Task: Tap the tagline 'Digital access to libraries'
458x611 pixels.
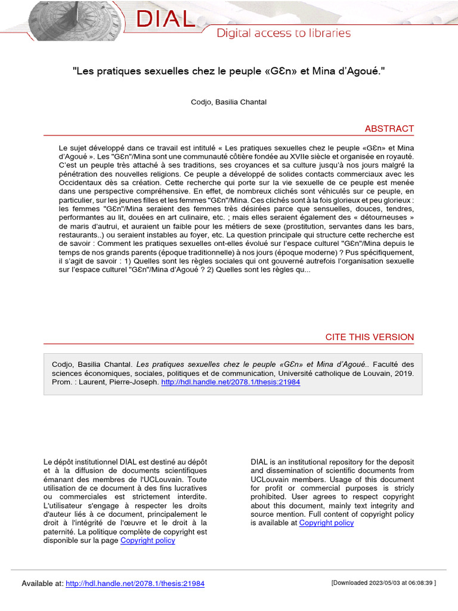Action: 283,33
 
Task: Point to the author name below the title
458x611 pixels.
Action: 228,102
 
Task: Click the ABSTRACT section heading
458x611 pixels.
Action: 389,129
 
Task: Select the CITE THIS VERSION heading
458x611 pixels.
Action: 369,337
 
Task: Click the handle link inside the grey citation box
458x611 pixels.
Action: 231,382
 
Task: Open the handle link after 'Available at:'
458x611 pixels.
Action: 135,583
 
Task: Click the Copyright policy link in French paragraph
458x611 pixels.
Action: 148,541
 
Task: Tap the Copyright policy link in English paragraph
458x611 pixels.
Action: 326,523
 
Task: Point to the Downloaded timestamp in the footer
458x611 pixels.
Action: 383,583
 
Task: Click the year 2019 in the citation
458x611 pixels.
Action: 403,373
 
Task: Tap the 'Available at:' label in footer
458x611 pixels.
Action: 42,583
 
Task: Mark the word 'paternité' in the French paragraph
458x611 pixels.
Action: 60,532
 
